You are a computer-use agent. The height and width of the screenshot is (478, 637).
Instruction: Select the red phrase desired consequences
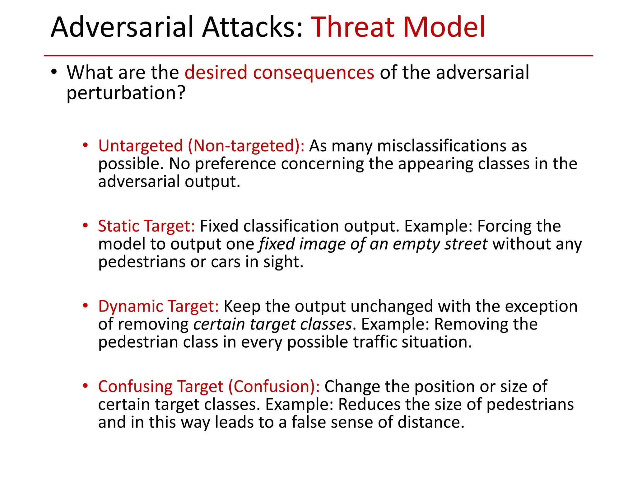279,73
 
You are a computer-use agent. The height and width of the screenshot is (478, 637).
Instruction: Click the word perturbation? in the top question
126,93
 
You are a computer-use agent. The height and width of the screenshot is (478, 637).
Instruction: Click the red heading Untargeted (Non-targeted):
201,146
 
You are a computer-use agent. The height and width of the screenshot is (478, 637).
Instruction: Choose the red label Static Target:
146,226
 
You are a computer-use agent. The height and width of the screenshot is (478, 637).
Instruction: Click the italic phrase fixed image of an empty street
373,244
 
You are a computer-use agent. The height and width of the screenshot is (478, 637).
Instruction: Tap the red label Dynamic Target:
159,306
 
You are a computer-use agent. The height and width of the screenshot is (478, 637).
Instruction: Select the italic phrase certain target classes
272,324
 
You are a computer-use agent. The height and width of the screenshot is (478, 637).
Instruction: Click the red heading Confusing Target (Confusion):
209,387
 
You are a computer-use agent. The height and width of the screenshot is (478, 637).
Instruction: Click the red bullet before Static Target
85,225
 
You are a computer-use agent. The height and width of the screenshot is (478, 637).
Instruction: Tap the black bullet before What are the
54,72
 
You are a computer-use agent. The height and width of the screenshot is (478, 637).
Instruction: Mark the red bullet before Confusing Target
85,386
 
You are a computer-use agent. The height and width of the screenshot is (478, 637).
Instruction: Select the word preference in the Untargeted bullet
235,164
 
